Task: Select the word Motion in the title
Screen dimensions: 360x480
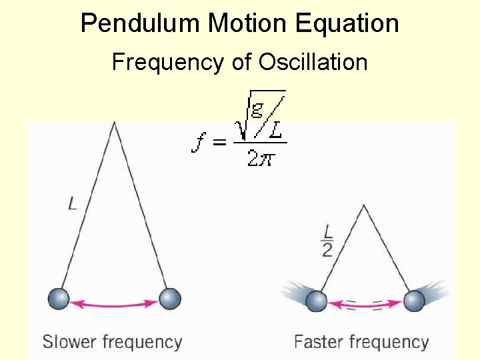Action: click(248, 23)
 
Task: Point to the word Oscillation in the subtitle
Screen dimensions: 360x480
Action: click(313, 62)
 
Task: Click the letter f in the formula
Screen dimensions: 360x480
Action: click(198, 142)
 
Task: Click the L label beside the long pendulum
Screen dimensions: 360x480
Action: click(73, 203)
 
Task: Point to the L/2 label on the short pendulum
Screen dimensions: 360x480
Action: click(327, 240)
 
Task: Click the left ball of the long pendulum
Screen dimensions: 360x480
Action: click(59, 299)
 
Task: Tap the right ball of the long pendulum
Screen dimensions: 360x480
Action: click(170, 299)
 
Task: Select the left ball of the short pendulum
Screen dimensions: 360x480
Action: click(317, 301)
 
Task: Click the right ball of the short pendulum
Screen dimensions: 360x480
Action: click(414, 301)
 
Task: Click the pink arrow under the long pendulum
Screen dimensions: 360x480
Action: click(114, 304)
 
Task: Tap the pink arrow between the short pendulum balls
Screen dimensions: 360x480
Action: click(365, 305)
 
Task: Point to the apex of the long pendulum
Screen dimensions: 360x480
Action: click(115, 123)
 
